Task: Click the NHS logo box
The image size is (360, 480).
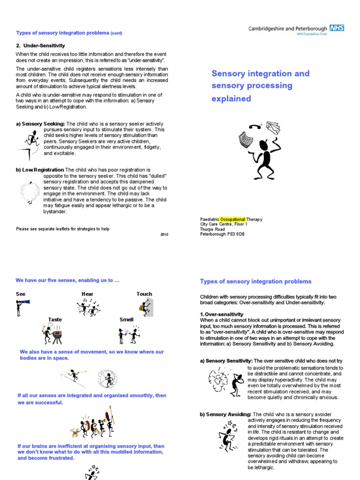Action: point(337,28)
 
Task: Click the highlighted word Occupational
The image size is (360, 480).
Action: point(233,219)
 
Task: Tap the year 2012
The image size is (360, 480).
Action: point(164,234)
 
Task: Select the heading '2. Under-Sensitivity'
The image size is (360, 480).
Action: point(41,46)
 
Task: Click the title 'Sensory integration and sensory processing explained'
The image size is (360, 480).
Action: point(260,86)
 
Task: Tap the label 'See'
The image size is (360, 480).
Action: point(21,294)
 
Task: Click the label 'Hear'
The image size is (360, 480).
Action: point(87,294)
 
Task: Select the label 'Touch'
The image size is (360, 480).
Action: point(144,294)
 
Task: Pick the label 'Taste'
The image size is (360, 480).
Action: point(55,320)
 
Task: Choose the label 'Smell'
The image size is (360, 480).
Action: point(127,320)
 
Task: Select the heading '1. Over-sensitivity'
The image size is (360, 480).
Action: point(222,314)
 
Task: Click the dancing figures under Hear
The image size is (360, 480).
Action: point(90,307)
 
